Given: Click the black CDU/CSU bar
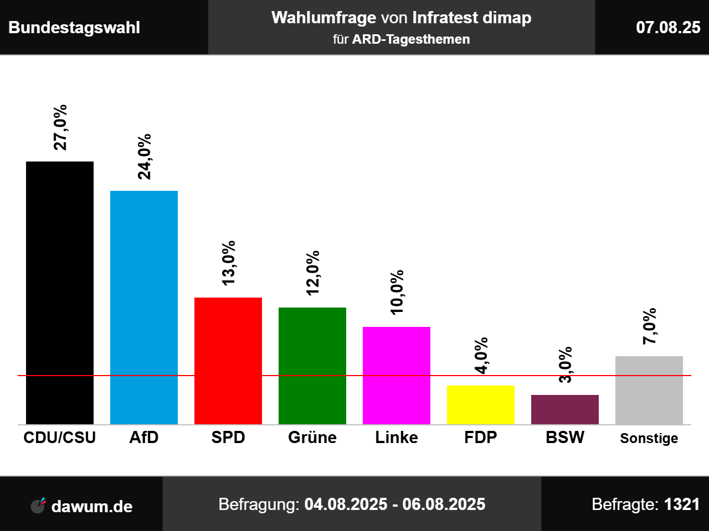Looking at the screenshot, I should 60,293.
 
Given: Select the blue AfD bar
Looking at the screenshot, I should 144,308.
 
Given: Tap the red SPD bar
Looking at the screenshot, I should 228,361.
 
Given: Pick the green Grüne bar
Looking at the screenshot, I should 312,366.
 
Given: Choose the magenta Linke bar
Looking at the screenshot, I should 397,376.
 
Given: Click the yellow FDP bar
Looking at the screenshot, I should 481,405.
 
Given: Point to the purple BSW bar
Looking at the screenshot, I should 565,410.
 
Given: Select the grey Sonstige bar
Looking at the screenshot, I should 649,390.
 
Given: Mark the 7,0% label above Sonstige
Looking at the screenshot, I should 649,326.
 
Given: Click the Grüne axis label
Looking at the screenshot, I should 312,438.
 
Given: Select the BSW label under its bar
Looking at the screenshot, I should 565,438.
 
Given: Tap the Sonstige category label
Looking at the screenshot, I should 649,438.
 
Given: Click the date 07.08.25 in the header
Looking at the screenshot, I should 668,28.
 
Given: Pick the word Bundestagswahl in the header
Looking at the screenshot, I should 74,28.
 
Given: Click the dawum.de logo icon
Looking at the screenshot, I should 38,506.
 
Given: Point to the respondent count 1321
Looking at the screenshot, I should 682,504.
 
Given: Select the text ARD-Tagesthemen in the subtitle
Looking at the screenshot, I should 411,40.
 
